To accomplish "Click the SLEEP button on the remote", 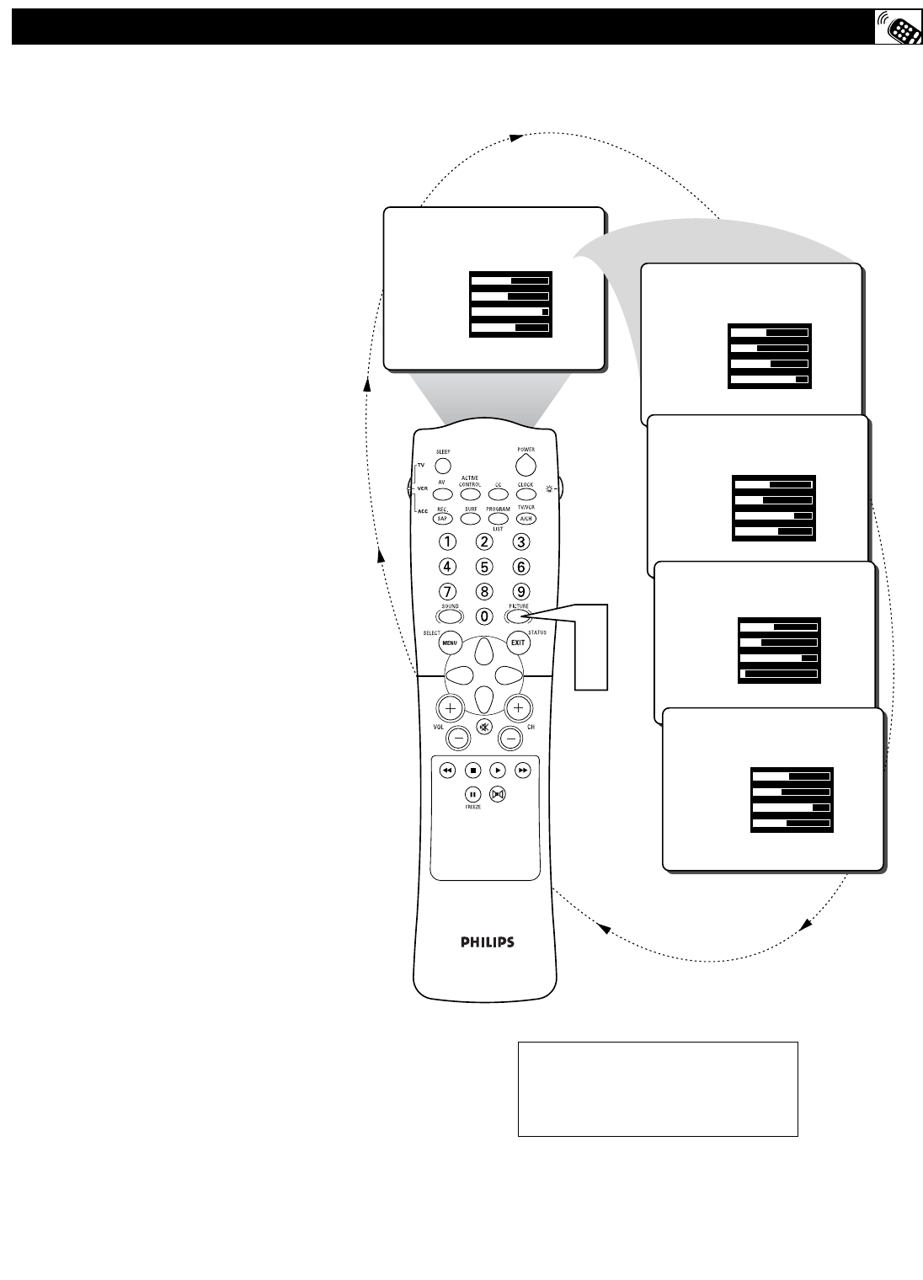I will (x=443, y=464).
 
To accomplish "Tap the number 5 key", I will (x=484, y=567).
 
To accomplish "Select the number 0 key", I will (x=484, y=616).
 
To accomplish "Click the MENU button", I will (x=449, y=643).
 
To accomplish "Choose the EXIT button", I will (x=518, y=643).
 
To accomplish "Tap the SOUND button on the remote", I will (x=450, y=616).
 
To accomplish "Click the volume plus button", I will (x=450, y=708).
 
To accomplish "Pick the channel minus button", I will (x=510, y=739).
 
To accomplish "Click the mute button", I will (x=483, y=728).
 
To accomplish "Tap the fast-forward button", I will (x=523, y=770).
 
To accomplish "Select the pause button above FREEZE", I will (x=472, y=794).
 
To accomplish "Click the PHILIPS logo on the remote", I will (x=487, y=942).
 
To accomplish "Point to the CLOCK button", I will (x=526, y=494).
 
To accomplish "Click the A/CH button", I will (x=526, y=519).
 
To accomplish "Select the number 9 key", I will (x=521, y=591).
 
